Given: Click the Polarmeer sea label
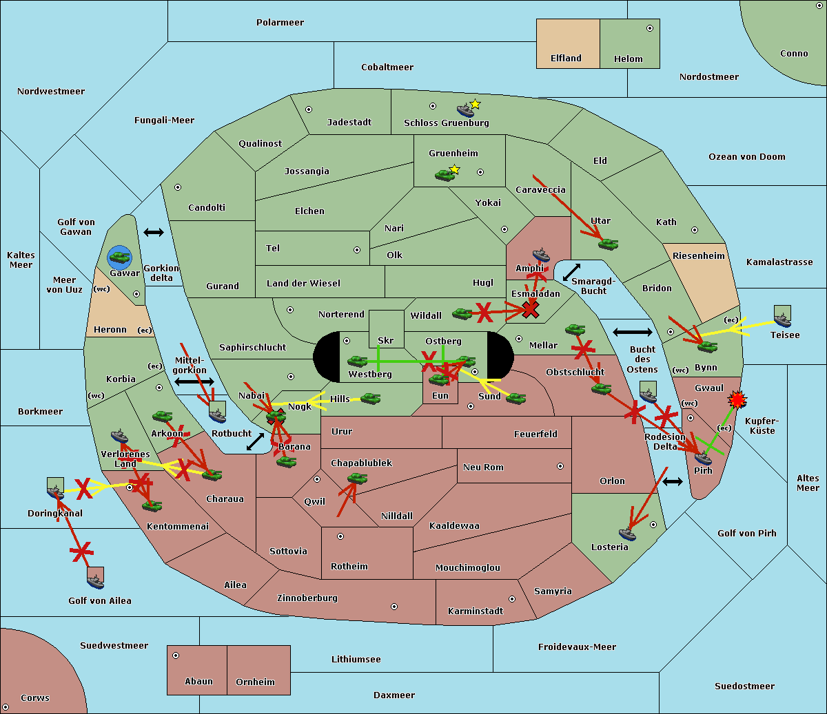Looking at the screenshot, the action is click(280, 23).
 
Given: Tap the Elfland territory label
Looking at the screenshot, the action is click(566, 59).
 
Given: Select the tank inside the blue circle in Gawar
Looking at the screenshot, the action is click(120, 257).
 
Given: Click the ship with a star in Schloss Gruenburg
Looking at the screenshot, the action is click(465, 109).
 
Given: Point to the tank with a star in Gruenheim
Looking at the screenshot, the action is click(445, 175).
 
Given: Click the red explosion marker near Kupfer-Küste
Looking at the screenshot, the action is click(737, 399).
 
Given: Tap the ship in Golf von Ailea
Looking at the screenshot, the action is click(96, 581).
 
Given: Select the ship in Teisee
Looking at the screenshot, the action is click(782, 320).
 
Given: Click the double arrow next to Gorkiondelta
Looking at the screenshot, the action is click(154, 232).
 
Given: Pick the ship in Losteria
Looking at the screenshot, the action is click(627, 534).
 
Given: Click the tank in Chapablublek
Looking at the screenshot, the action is click(357, 478).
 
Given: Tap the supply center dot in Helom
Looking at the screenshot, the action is click(650, 28).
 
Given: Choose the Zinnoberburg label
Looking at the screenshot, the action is click(307, 598).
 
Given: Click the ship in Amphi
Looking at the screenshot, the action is click(541, 255).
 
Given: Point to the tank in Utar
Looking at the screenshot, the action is click(608, 244).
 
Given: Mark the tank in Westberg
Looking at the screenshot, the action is click(357, 361).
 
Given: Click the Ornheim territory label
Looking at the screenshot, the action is click(255, 682).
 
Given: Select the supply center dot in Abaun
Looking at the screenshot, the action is click(176, 655).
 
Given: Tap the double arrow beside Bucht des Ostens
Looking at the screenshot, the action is click(632, 332).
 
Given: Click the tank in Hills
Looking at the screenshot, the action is click(370, 398).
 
